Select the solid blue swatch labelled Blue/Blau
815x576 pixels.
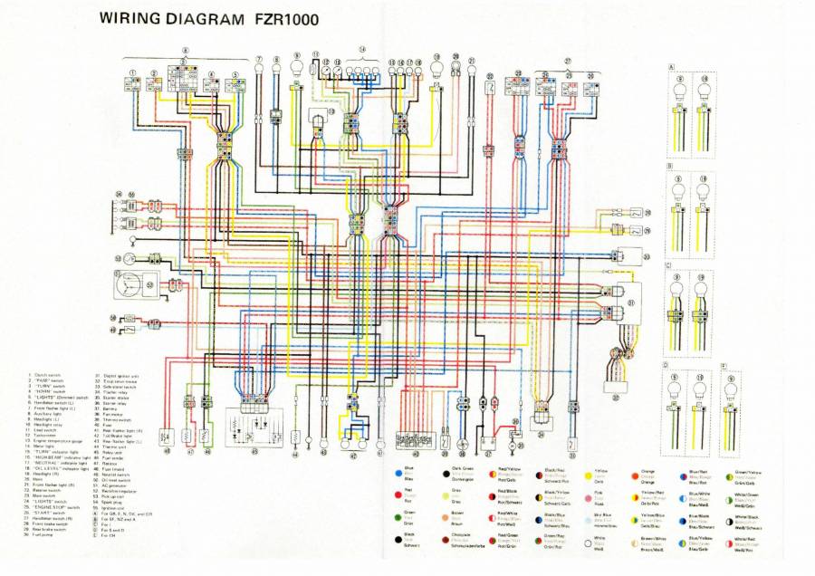(398, 472)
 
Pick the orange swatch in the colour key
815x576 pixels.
(635, 472)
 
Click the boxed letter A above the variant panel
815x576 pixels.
(671, 68)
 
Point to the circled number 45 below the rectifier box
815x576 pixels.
(254, 451)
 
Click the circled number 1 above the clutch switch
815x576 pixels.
(133, 72)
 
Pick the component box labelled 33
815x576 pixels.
(628, 256)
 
